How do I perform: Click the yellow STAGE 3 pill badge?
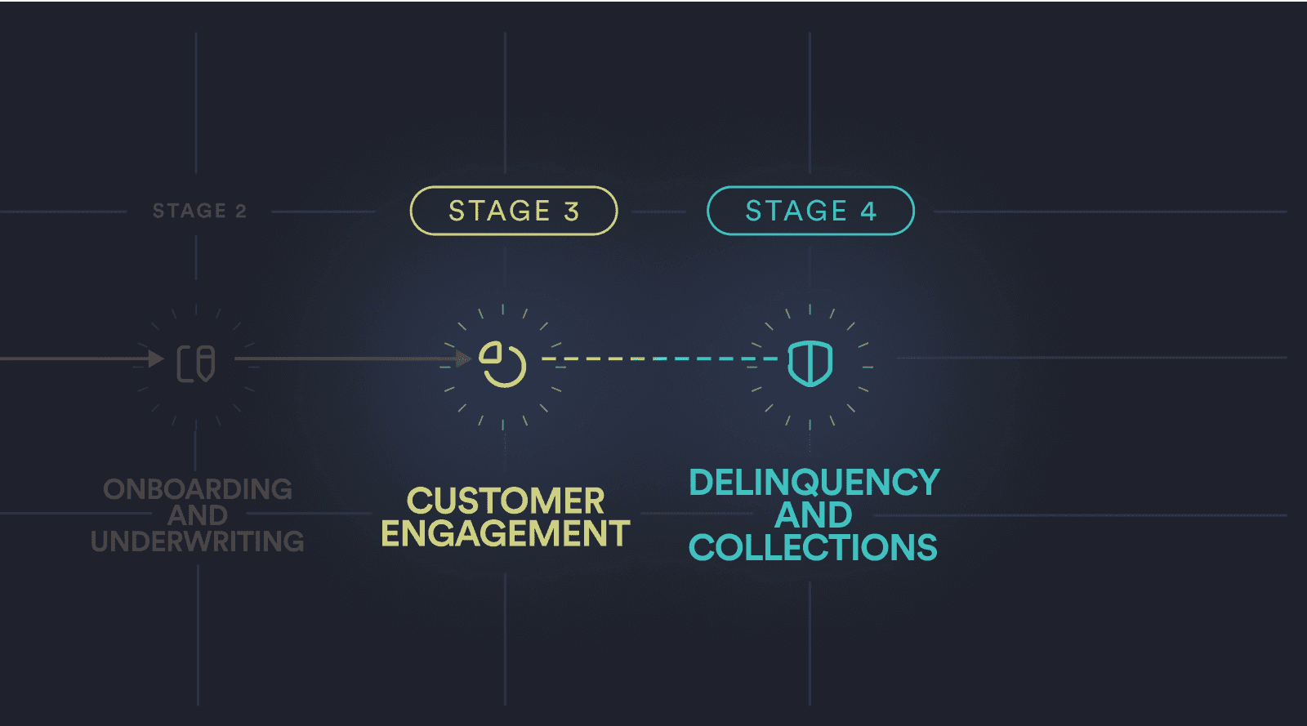tap(513, 211)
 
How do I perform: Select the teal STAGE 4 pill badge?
tap(810, 211)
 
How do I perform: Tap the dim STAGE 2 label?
tap(199, 211)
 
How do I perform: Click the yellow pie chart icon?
tap(502, 363)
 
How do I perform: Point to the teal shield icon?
tap(810, 363)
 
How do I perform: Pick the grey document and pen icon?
tap(196, 363)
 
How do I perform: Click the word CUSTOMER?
tap(505, 501)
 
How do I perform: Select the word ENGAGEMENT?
tap(505, 533)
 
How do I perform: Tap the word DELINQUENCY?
tap(814, 482)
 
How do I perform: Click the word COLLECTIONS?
tap(813, 547)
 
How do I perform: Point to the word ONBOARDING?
tap(198, 489)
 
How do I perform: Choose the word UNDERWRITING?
tap(198, 541)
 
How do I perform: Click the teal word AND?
tap(813, 515)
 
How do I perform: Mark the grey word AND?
tap(198, 515)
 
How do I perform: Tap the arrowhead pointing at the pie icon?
tap(464, 359)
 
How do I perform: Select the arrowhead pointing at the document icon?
tap(156, 359)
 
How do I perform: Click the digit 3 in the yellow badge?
tap(572, 212)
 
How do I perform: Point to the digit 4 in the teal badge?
tap(868, 212)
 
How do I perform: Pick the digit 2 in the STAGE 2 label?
tap(241, 211)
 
